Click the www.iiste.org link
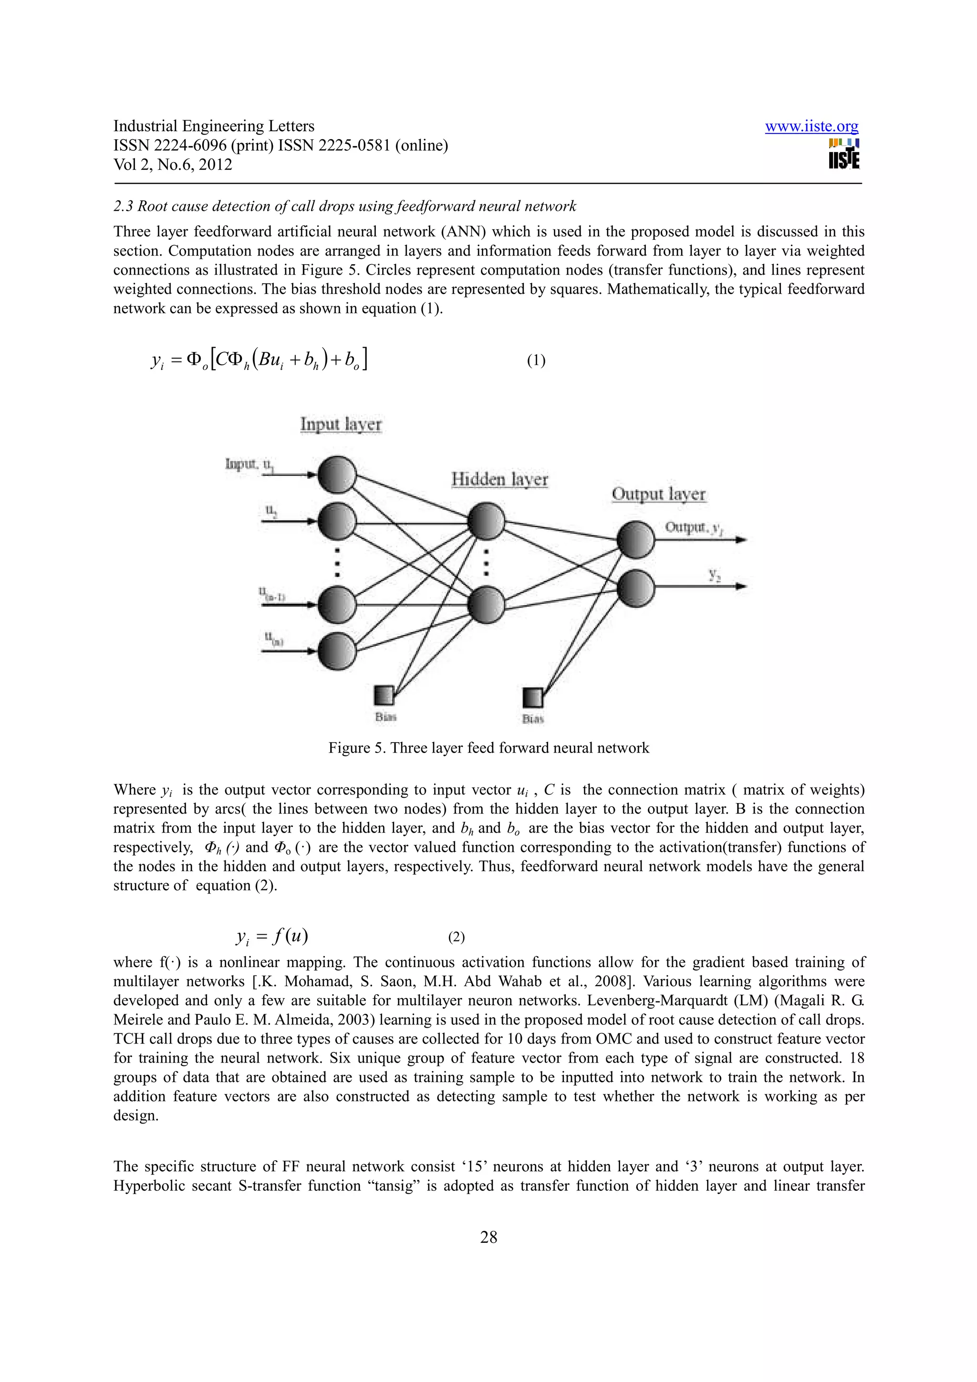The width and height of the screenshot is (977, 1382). coord(811,126)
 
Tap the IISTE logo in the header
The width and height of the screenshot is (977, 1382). coord(843,154)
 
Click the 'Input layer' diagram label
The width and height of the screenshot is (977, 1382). coord(341,424)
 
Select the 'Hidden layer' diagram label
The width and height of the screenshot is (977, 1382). coord(499,479)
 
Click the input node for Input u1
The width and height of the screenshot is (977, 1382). coord(337,475)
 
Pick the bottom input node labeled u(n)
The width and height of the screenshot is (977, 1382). coord(337,650)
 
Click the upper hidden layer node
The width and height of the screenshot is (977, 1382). coord(486,521)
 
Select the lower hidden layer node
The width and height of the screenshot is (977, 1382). coord(486,606)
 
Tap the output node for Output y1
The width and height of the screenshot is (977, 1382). coord(635,539)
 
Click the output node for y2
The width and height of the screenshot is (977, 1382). coord(635,587)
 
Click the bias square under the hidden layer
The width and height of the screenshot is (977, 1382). coord(384,696)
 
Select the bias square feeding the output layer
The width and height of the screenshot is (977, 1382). coord(532,698)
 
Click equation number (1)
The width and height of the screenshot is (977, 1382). coord(536,361)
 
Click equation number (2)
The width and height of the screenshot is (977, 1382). coord(456,937)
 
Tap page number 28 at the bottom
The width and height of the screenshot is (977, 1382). coord(488,1237)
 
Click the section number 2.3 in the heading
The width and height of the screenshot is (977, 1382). coord(123,206)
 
